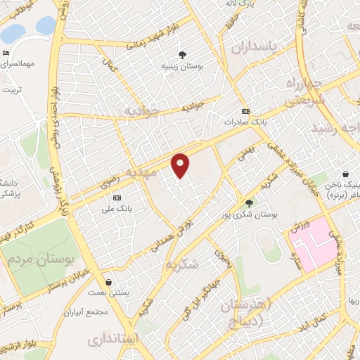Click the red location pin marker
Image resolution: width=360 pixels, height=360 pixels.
click(181, 165)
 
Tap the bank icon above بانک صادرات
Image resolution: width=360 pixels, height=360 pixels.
click(245, 111)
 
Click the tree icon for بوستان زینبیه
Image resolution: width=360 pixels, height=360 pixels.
click(182, 54)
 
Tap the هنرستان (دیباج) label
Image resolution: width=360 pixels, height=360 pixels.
click(246, 313)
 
